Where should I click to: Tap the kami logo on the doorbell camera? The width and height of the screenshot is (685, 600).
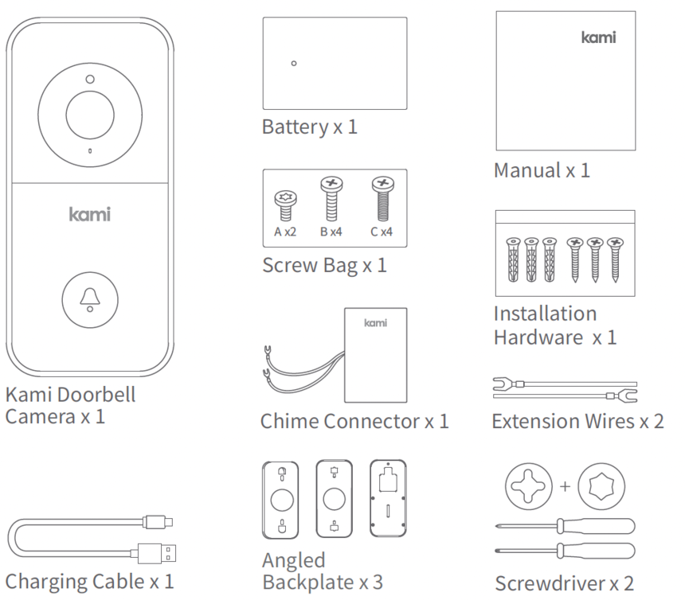(89, 214)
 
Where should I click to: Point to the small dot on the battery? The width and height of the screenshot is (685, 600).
(294, 63)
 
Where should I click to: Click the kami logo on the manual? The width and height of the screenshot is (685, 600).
(598, 37)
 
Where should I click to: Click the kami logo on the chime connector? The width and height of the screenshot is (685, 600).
(375, 323)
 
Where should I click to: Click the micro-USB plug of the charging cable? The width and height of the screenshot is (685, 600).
(158, 523)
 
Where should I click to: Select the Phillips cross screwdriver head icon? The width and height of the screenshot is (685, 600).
(527, 485)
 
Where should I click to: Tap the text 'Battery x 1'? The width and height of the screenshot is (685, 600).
(309, 127)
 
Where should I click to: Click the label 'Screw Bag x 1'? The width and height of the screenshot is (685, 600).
(324, 265)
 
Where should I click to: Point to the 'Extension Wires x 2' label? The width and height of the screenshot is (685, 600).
(577, 421)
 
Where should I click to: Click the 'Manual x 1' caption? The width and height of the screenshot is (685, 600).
(542, 170)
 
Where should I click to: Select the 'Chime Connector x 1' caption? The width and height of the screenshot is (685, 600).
(354, 421)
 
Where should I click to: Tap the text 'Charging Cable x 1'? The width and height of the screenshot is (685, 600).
(89, 580)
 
